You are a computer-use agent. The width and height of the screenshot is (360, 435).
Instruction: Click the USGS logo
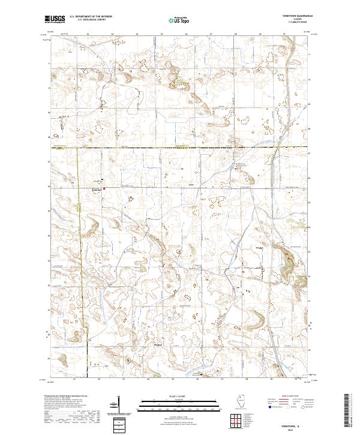click(55, 19)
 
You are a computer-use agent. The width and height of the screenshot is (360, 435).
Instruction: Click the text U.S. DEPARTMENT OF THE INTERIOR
click(91, 17)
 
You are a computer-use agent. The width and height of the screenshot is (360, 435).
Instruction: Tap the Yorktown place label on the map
click(97, 188)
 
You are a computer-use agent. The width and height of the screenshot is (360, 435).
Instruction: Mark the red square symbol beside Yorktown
click(104, 188)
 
